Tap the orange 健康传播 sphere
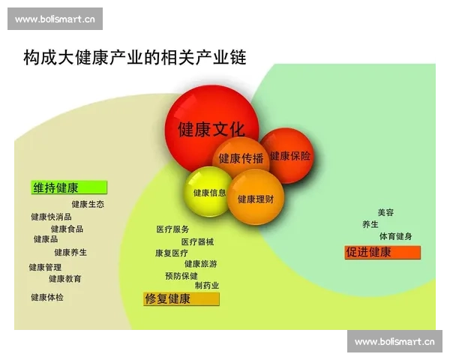click(x=241, y=158)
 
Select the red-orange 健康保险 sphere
click(x=289, y=156)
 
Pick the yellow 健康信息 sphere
click(x=209, y=192)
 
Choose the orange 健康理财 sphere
click(x=256, y=198)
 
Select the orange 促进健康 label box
click(x=382, y=252)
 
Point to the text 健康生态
click(x=88, y=204)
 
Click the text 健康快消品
click(x=51, y=217)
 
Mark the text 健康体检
click(x=47, y=297)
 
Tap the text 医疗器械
click(x=197, y=241)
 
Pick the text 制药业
click(x=207, y=286)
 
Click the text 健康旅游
click(x=201, y=264)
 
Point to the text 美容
click(x=385, y=212)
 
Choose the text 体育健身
click(x=395, y=236)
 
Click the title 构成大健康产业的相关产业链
click(x=135, y=57)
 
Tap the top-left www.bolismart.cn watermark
click(x=55, y=19)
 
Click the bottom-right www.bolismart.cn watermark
click(x=394, y=342)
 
